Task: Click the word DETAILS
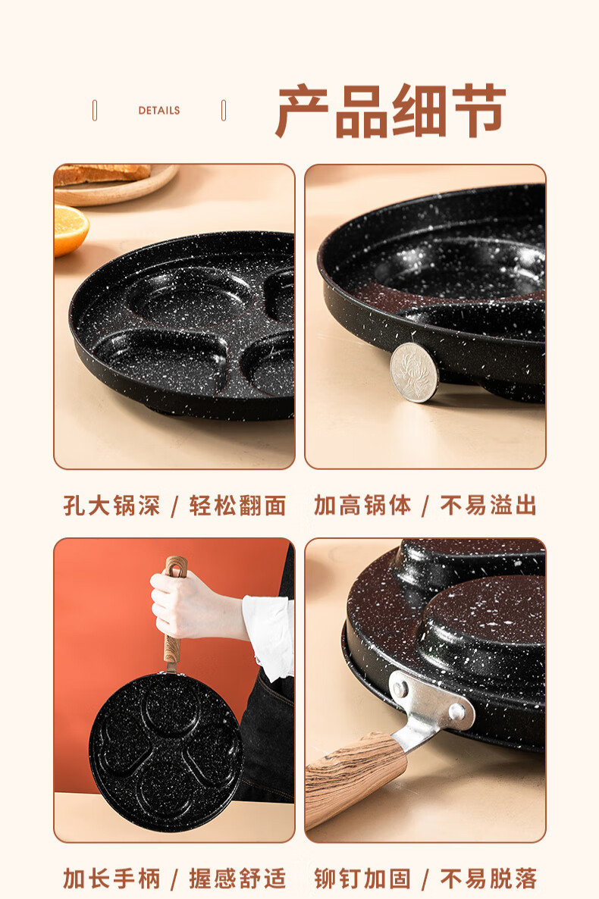point(159,110)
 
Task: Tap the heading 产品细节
point(390,111)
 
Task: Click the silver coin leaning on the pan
point(414,372)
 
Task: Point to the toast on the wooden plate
point(102,173)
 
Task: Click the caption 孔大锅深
point(111,506)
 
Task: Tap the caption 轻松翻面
point(237,506)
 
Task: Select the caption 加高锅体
point(362,505)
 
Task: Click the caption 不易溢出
point(488,505)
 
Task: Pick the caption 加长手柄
point(111,879)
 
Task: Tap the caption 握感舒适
point(237,879)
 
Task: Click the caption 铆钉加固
point(362,879)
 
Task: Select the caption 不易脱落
point(488,879)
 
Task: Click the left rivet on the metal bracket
point(400,688)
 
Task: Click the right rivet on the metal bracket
point(457,712)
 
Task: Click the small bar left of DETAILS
point(95,110)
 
